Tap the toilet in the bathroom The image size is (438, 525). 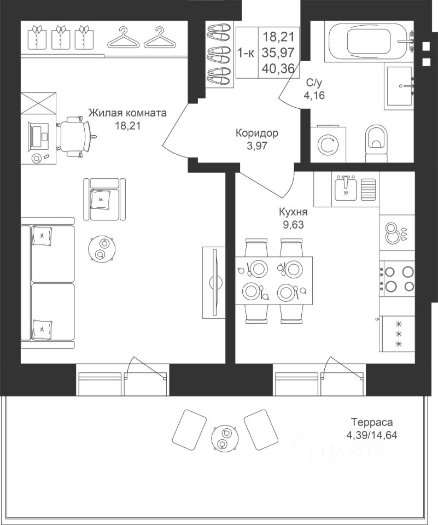tap(376, 141)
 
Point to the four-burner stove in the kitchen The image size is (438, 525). tap(397, 278)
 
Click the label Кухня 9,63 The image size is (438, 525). tap(293, 218)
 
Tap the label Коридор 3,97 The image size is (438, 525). tap(256, 139)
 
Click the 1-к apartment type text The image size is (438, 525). tap(247, 52)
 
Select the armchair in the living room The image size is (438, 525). tap(104, 199)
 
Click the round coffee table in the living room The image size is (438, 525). tap(102, 249)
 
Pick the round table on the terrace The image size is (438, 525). tap(224, 438)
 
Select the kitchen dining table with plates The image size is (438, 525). tap(274, 281)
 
